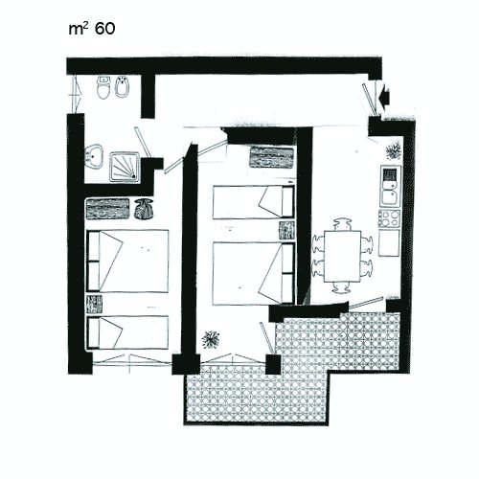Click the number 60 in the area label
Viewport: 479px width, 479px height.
[x=104, y=29]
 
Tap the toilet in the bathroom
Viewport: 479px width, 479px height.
[x=103, y=87]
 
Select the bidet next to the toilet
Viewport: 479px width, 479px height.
[x=122, y=86]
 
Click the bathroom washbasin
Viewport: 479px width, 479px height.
[x=94, y=156]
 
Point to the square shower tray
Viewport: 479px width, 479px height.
[x=125, y=167]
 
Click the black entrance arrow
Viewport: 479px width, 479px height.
[x=385, y=94]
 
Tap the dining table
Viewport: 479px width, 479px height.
[x=342, y=256]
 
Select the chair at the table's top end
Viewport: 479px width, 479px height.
[x=342, y=224]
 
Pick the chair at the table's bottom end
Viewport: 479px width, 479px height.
[x=342, y=287]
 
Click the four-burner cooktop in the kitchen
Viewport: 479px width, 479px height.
[x=389, y=218]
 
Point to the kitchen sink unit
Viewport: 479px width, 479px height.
[x=390, y=186]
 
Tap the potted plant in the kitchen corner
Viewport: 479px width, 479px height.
[x=393, y=150]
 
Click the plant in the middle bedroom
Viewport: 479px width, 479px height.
[x=211, y=339]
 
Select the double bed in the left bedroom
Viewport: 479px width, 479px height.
[x=127, y=261]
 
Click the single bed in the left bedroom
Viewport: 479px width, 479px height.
[x=127, y=332]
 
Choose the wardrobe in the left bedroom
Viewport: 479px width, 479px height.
[x=107, y=209]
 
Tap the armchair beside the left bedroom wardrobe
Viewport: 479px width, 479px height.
[x=144, y=209]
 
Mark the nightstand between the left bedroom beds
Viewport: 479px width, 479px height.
[x=94, y=304]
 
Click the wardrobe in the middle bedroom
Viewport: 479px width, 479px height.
[x=271, y=157]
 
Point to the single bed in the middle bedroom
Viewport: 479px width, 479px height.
[x=254, y=202]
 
